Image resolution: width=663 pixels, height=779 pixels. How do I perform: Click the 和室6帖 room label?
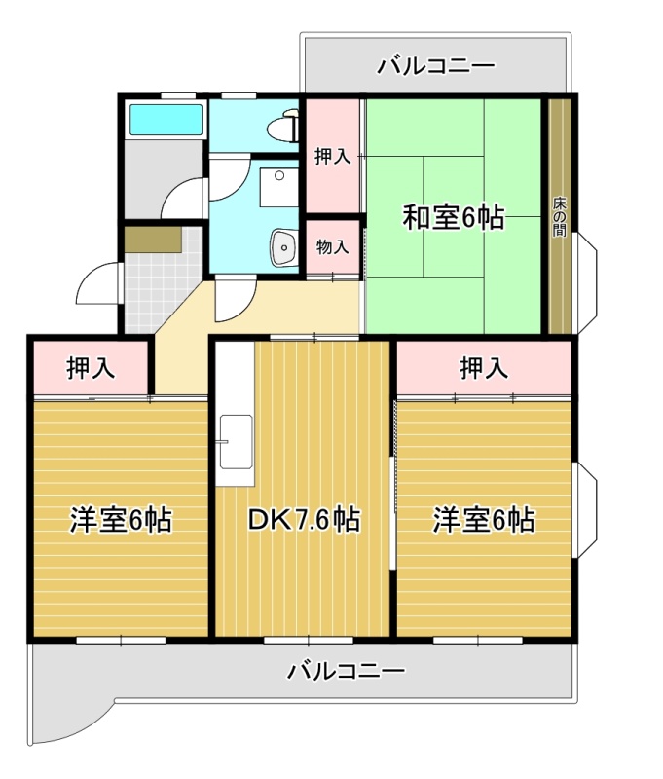pos(454,217)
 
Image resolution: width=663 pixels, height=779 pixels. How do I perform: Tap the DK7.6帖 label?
pos(304,520)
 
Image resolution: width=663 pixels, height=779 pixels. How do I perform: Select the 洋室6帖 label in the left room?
pos(121,520)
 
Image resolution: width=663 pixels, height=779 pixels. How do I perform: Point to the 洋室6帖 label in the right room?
pos(484,520)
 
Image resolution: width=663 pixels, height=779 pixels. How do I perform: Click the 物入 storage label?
pos(332,246)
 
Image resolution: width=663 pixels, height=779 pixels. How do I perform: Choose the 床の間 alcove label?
pos(559,217)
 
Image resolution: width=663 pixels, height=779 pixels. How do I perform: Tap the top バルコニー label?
pos(436,65)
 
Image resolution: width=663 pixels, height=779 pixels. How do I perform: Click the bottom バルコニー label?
pos(347,671)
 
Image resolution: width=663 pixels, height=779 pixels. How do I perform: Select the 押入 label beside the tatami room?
pos(332,157)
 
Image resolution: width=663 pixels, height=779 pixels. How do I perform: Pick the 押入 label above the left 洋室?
pos(91,368)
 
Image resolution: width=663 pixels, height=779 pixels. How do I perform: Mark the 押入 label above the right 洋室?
pos(484,368)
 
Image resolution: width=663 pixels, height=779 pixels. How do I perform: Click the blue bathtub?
pos(166,119)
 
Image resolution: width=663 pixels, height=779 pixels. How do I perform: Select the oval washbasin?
pos(283,247)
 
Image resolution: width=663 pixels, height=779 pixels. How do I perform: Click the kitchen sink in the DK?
pos(237,441)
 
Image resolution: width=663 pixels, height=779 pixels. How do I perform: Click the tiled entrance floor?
pos(162,288)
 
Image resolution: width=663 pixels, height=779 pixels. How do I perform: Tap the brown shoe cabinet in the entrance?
pos(153,240)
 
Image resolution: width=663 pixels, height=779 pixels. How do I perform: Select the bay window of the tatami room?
pos(586,283)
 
